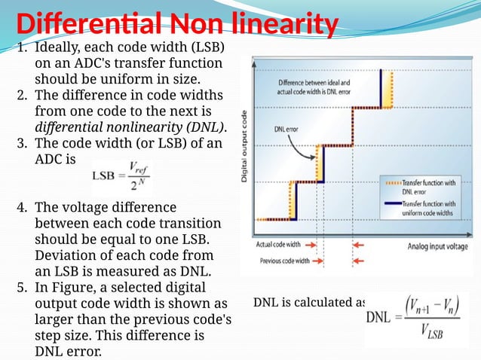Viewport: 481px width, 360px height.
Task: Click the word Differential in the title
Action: point(83,24)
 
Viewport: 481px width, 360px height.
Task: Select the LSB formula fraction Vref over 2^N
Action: point(131,175)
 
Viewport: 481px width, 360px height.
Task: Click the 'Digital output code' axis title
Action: point(245,146)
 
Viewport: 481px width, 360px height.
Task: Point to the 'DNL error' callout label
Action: point(289,129)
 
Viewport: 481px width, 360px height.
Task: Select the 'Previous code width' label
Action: point(281,261)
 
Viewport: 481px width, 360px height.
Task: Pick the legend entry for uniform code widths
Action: point(428,207)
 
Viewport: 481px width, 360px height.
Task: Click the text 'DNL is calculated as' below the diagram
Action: point(310,303)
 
